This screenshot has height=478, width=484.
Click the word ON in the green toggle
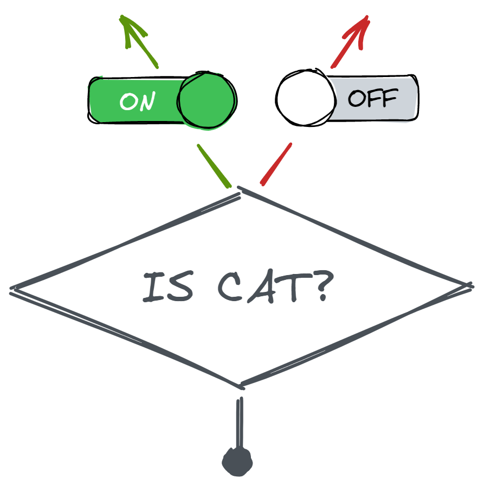[138, 101]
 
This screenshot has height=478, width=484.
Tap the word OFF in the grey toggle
[372, 98]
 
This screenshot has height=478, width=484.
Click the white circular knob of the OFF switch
[305, 98]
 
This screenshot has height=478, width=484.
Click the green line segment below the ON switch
[214, 165]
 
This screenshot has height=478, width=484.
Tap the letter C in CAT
[231, 288]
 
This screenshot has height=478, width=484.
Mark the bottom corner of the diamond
[240, 386]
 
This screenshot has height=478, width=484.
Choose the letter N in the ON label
[146, 101]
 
